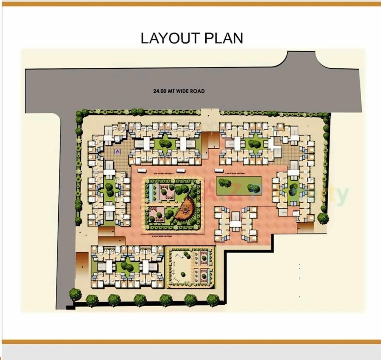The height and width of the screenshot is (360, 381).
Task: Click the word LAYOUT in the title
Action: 170,38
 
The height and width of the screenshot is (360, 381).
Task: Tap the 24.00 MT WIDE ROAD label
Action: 179,91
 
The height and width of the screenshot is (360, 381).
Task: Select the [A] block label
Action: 118,152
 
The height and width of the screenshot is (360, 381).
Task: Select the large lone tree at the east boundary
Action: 323,218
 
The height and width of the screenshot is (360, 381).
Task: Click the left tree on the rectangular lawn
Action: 223,183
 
